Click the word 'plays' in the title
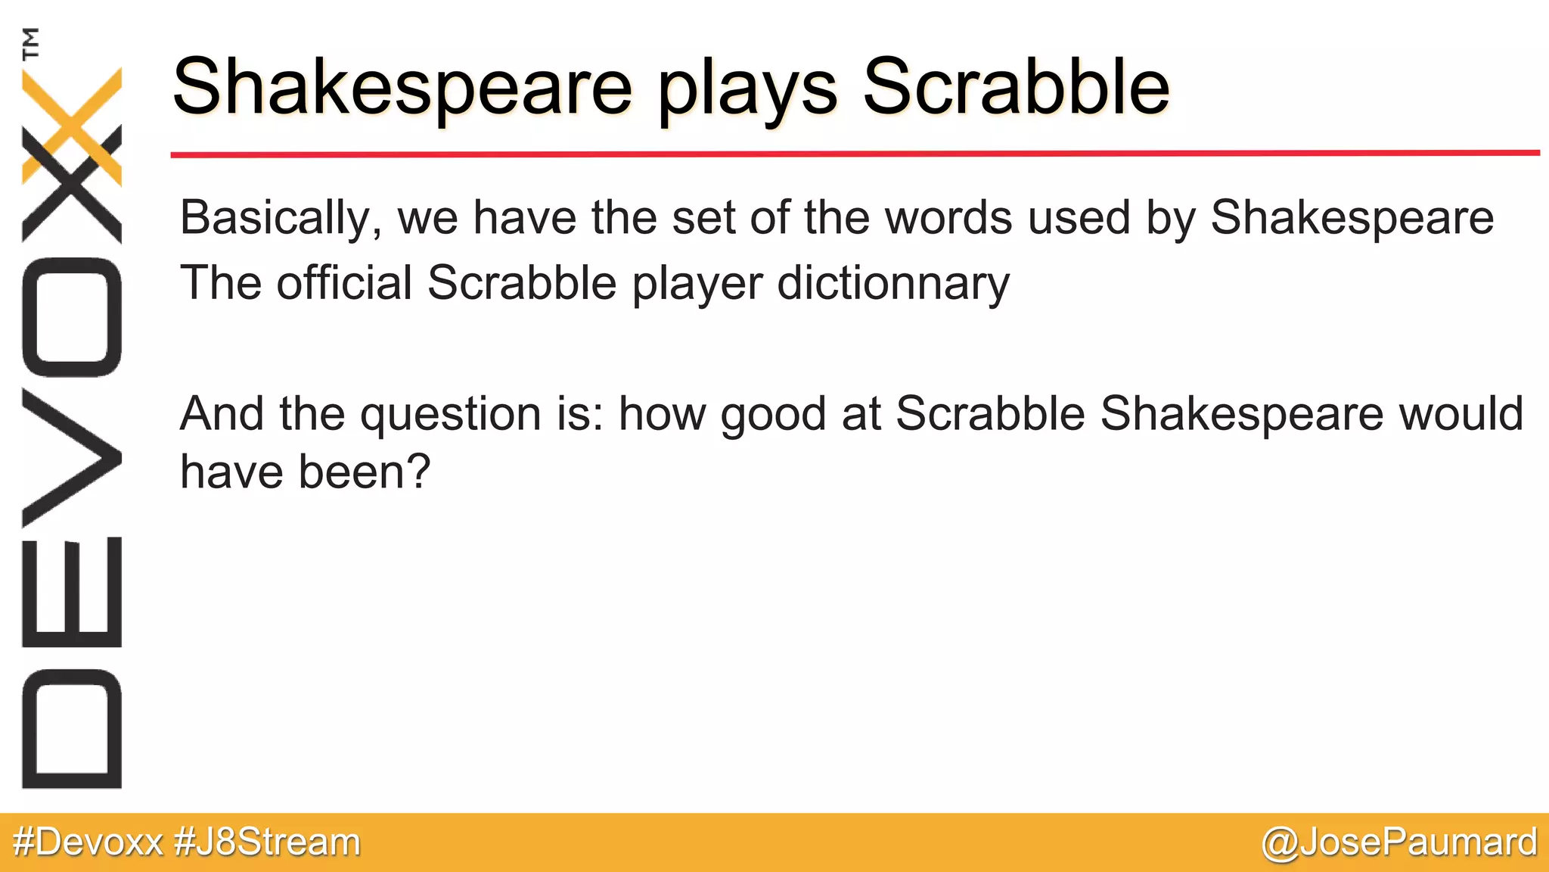(747, 89)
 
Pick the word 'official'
(344, 283)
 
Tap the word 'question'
(450, 415)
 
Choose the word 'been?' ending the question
(364, 472)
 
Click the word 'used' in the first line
(1078, 218)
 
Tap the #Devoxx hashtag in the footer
(88, 842)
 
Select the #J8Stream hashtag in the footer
(268, 842)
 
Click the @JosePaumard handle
(1399, 842)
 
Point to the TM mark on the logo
(31, 43)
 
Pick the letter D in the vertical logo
(72, 728)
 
